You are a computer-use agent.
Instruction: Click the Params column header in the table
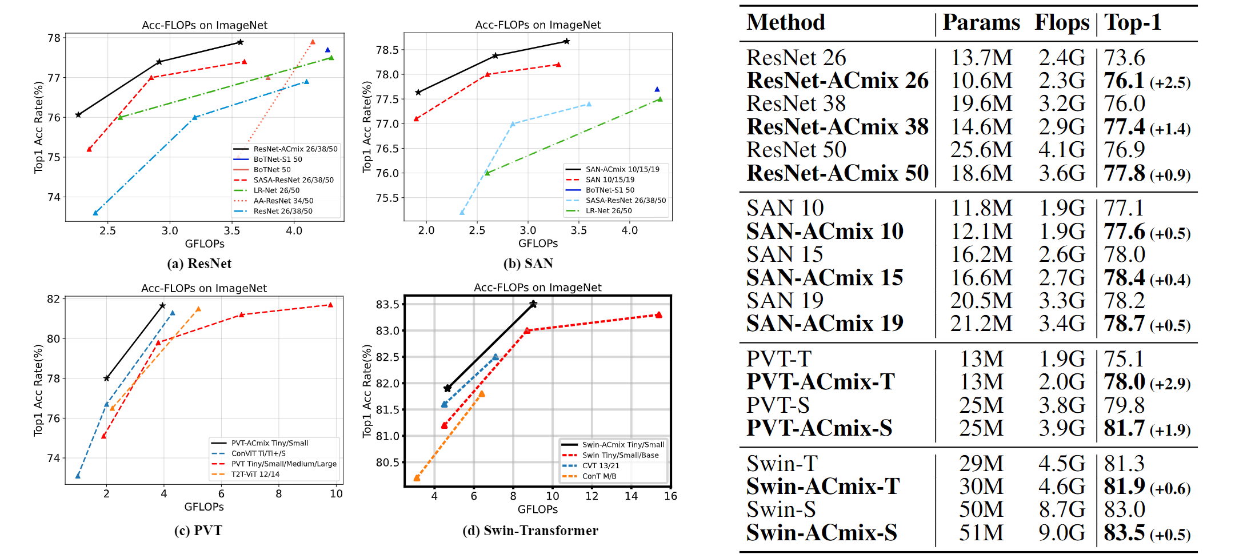[981, 23]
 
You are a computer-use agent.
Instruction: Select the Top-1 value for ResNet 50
[1124, 150]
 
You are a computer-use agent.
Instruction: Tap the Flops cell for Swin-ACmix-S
[1061, 533]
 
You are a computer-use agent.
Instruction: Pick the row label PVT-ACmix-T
[820, 382]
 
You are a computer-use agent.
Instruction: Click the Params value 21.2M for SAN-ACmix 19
[981, 324]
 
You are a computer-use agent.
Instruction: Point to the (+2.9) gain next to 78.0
[1170, 384]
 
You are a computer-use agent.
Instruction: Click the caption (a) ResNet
[199, 264]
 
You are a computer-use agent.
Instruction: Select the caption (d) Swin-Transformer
[530, 531]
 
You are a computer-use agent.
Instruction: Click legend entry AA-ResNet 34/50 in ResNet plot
[283, 201]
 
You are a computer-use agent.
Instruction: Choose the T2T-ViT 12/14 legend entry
[255, 474]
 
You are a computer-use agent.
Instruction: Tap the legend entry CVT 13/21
[600, 466]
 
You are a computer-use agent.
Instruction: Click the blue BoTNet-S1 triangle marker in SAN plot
[657, 89]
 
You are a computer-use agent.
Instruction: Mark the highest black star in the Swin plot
[533, 304]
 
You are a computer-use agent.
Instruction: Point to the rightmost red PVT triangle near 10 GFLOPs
[330, 305]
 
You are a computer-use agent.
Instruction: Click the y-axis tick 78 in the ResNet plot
[54, 38]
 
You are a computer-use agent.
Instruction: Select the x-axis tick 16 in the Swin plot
[670, 496]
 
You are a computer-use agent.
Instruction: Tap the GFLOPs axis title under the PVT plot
[204, 507]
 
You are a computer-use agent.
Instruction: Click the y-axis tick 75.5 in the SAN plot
[387, 198]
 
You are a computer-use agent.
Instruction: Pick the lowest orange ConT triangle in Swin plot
[417, 478]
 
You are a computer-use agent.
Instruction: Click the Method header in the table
[786, 23]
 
